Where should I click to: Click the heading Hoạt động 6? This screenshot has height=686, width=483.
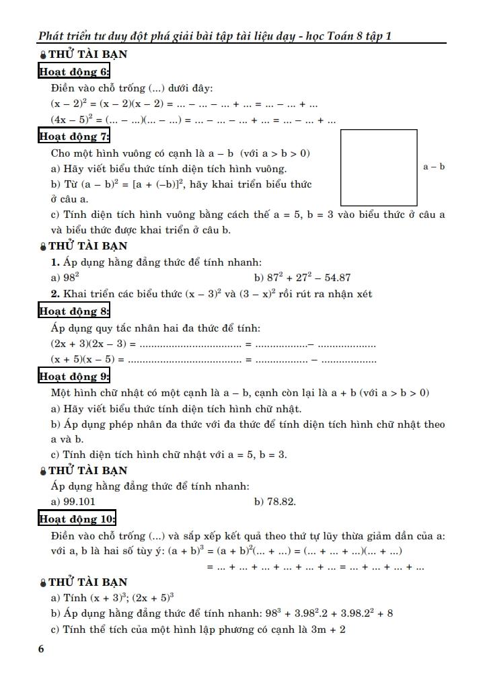click(x=74, y=72)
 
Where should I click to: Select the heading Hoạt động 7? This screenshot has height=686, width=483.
click(x=74, y=137)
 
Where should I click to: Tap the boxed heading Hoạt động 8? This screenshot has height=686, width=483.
click(x=74, y=311)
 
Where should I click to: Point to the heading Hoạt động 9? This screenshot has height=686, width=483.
click(x=74, y=376)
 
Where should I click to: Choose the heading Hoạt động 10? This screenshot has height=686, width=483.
click(x=77, y=519)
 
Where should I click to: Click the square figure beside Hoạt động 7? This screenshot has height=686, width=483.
click(x=379, y=167)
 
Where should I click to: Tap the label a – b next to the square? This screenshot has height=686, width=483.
click(x=434, y=167)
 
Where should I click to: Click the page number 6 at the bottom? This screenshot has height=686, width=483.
click(x=42, y=649)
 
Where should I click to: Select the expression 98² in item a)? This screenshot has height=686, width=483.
click(x=70, y=277)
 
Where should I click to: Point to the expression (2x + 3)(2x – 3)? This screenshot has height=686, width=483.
click(x=87, y=344)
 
